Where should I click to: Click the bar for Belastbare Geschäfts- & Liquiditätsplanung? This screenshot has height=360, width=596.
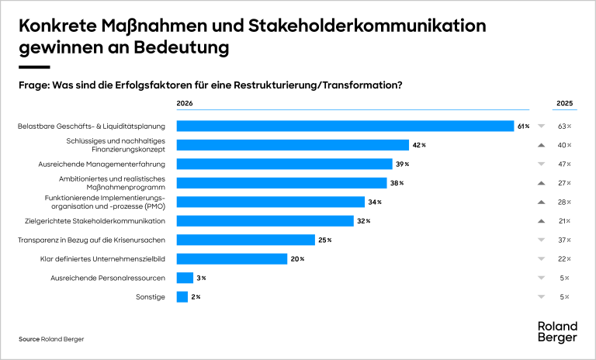[345, 126]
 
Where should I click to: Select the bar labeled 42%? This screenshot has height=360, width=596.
[293, 145]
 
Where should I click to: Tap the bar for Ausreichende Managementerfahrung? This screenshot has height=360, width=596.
[284, 164]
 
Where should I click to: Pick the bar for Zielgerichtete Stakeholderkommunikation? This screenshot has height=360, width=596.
[265, 221]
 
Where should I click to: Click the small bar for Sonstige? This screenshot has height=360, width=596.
[182, 297]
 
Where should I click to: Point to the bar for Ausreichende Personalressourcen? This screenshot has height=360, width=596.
[185, 278]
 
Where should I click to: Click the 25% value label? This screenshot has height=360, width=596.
[325, 241]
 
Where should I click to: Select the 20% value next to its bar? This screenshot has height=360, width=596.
[297, 259]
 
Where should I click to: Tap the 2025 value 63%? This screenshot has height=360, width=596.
[564, 126]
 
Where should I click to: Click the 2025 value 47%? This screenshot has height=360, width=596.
[564, 164]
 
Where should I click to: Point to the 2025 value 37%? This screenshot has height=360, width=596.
[564, 241]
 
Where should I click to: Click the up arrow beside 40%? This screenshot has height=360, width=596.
[541, 145]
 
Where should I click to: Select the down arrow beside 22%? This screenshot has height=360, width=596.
[541, 259]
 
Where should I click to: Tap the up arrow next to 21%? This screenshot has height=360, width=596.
[541, 221]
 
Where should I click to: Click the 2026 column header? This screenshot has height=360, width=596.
[185, 103]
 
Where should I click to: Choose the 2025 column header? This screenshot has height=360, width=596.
[564, 103]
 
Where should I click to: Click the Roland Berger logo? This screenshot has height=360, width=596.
[557, 332]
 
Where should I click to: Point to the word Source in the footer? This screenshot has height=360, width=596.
[29, 339]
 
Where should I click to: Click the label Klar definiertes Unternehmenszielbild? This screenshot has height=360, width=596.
[102, 259]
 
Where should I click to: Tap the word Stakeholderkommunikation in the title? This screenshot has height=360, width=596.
[367, 26]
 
